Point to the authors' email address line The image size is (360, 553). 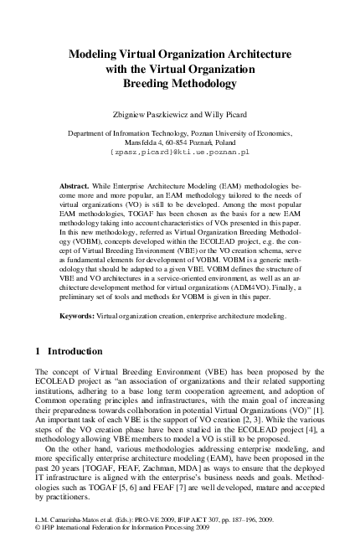179,152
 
